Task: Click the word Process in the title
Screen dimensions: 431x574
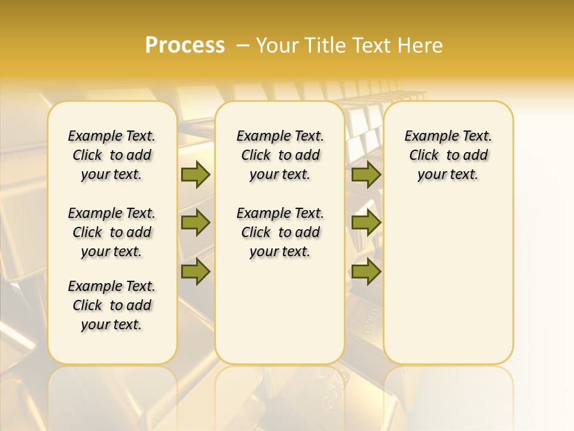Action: pos(185,45)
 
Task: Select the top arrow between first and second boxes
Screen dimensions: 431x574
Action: pos(196,175)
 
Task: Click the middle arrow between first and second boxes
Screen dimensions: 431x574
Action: pos(196,223)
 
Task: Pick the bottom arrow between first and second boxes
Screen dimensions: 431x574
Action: pos(196,272)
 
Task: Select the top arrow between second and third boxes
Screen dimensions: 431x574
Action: pos(366,175)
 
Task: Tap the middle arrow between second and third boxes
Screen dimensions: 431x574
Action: pos(366,223)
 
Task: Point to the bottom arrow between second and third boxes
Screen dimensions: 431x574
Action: pos(366,272)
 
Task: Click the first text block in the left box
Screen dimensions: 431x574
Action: pos(112,156)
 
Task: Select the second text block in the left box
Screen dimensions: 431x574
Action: pos(112,232)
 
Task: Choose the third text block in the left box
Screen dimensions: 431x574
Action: pos(112,305)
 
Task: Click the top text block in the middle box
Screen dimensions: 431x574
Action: pos(280,156)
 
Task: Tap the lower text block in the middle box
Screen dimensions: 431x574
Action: pos(280,232)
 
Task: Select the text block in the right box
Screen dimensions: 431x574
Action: pos(448,156)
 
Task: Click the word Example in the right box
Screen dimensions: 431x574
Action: pos(428,136)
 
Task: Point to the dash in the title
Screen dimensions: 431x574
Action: pos(243,45)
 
